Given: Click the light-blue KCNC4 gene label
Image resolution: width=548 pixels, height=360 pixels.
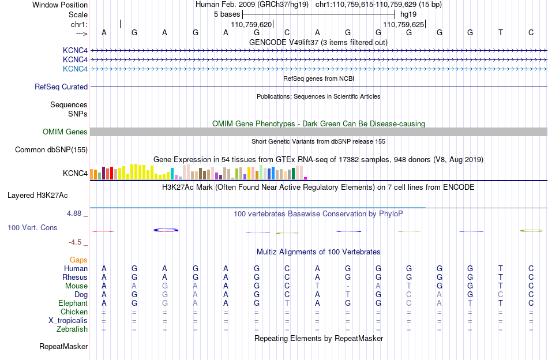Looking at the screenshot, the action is pyautogui.click(x=75, y=69).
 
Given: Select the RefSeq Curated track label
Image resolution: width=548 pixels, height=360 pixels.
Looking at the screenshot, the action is pyautogui.click(x=61, y=87).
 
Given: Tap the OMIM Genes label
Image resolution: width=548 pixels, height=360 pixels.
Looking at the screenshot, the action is pyautogui.click(x=65, y=132).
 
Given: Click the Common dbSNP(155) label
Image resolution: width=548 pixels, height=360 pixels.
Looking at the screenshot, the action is pyautogui.click(x=51, y=149).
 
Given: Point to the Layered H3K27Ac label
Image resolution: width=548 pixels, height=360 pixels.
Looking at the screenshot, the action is pyautogui.click(x=37, y=196).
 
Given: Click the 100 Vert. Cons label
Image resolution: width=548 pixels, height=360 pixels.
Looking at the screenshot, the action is pyautogui.click(x=32, y=227).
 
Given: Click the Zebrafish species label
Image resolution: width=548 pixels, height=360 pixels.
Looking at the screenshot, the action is pyautogui.click(x=72, y=329).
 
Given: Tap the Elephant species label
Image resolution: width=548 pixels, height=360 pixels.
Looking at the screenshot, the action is pyautogui.click(x=73, y=303).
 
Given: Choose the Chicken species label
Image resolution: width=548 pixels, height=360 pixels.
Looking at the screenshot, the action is pyautogui.click(x=74, y=312).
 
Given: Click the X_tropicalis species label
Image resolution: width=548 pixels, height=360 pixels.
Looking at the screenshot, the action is pyautogui.click(x=68, y=321).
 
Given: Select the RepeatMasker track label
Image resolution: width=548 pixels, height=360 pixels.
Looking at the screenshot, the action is pyautogui.click(x=63, y=346).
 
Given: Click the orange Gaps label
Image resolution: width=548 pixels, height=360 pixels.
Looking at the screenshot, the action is pyautogui.click(x=78, y=260).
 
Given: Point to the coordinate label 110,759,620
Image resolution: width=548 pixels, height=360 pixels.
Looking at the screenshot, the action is pyautogui.click(x=252, y=24).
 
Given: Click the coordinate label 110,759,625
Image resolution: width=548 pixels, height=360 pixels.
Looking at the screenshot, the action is pyautogui.click(x=404, y=24).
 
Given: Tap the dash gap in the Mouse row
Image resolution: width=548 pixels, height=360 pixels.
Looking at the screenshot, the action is pyautogui.click(x=348, y=286).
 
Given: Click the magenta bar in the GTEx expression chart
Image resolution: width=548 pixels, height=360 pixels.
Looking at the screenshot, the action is pyautogui.click(x=306, y=178).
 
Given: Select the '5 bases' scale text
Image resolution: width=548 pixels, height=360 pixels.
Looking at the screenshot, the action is pyautogui.click(x=227, y=14).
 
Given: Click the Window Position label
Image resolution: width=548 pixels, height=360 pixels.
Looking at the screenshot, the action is pyautogui.click(x=60, y=5).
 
